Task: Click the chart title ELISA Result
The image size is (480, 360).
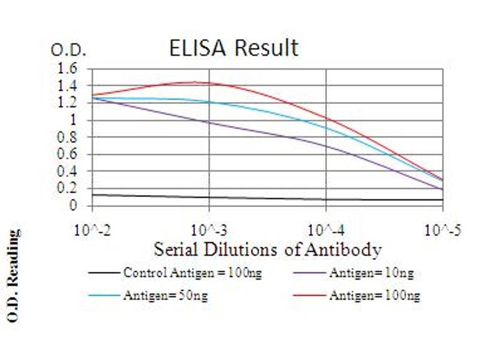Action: [233, 47]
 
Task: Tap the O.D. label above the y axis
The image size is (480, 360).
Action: [68, 50]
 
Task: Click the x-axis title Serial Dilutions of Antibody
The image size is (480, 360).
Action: [268, 248]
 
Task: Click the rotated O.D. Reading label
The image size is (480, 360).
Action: [13, 275]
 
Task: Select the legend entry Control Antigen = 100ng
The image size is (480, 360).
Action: [193, 273]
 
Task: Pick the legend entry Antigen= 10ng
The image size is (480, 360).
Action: [371, 273]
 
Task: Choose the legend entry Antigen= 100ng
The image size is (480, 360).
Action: [374, 295]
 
